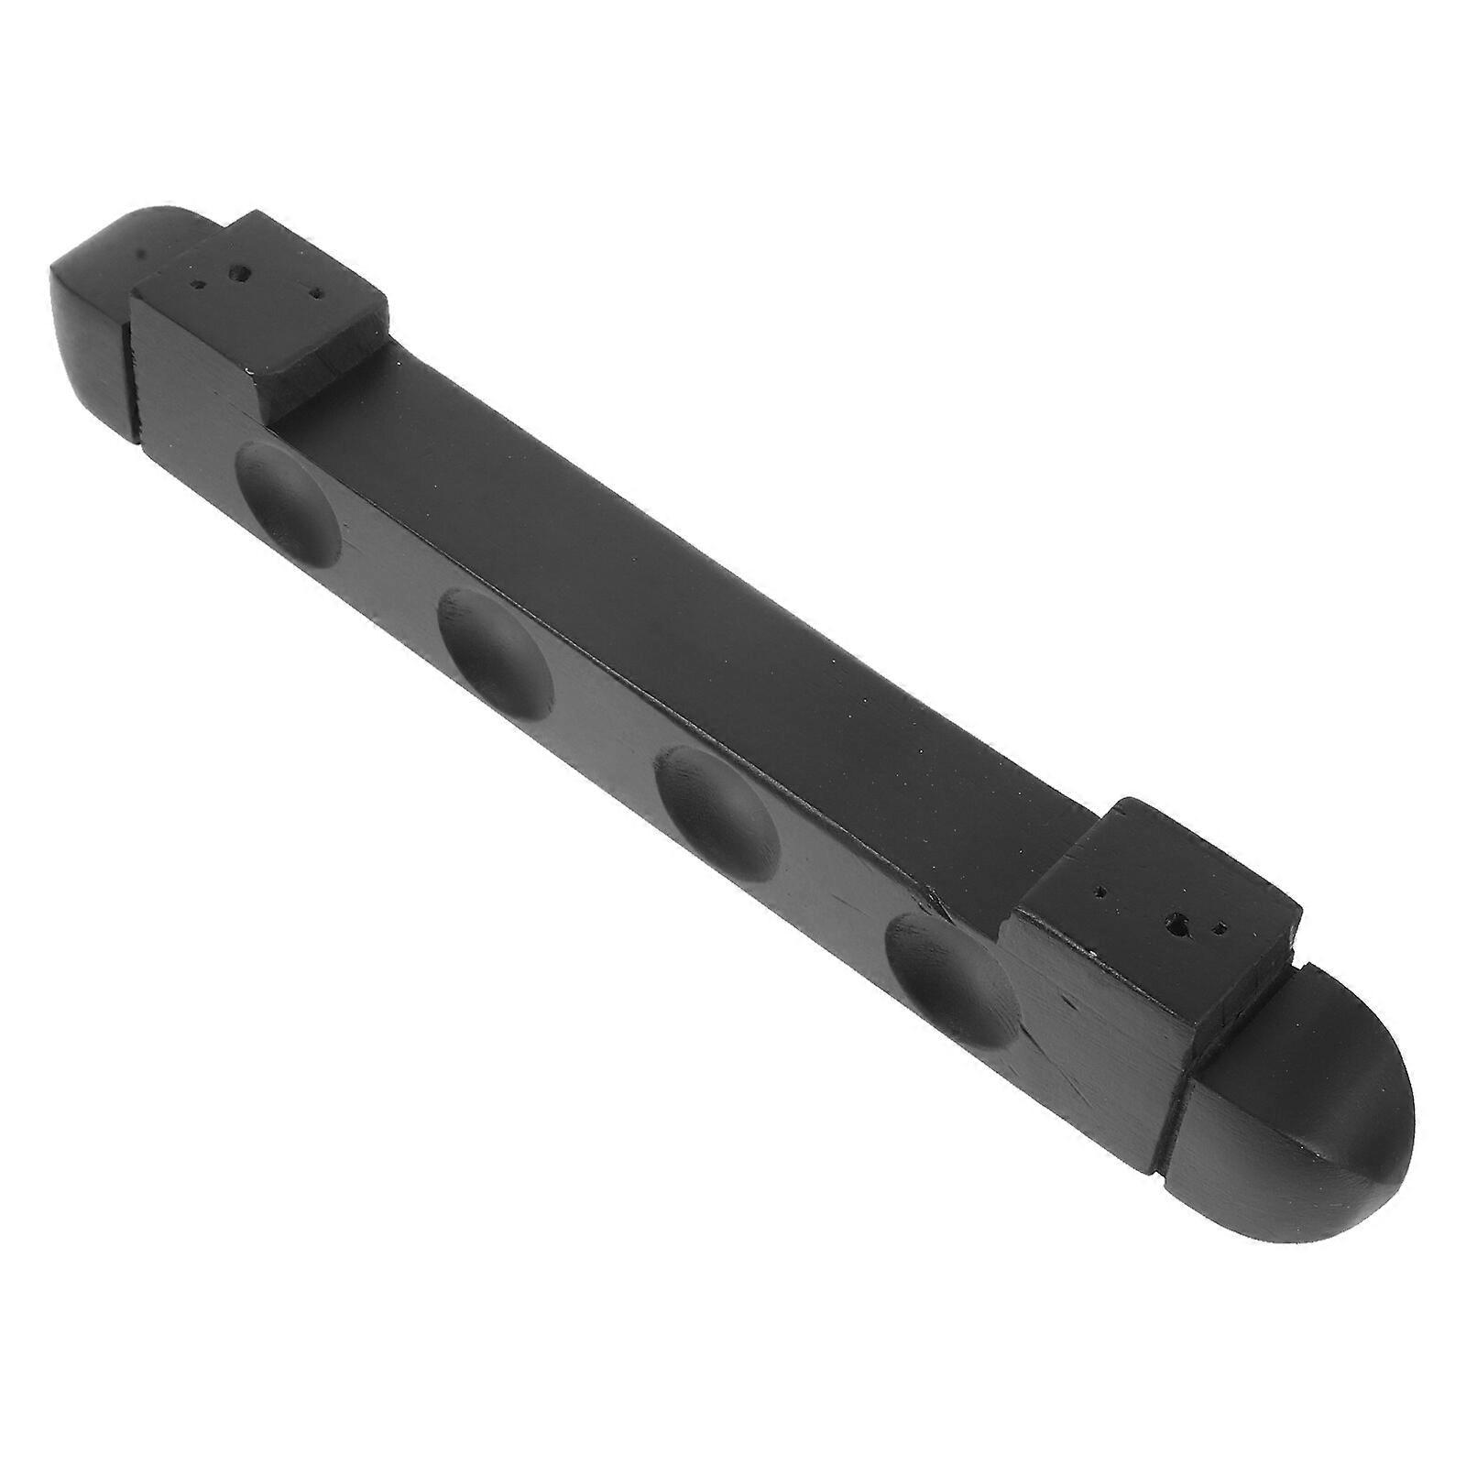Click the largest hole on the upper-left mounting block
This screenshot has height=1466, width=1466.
(x=241, y=271)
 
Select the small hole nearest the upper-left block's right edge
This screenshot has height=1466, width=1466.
(x=317, y=295)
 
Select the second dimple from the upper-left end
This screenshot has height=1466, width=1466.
(x=495, y=649)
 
